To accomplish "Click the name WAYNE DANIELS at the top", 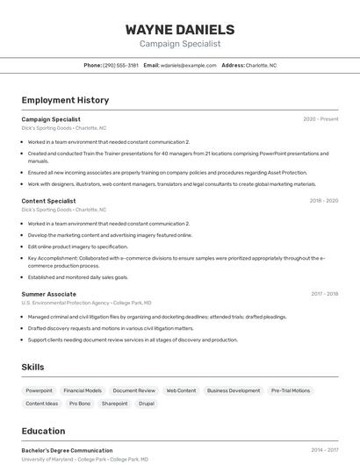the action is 180,29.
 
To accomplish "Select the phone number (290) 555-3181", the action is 120,65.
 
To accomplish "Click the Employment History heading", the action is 65,100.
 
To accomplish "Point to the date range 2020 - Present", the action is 320,119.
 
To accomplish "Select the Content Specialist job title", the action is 48,201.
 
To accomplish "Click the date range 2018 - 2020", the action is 323,201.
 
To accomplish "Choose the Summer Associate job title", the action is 48,294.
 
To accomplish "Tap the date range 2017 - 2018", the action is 324,294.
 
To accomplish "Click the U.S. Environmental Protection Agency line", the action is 86,303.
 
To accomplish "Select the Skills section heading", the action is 32,367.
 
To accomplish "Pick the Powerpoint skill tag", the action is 39,390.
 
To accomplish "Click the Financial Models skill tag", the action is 83,390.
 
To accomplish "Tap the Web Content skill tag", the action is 181,390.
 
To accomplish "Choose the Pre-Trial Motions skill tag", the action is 290,390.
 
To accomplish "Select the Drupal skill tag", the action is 146,404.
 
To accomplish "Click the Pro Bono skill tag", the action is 80,404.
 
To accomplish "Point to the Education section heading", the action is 43,431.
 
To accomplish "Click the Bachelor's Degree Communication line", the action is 67,450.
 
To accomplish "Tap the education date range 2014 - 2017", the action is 324,450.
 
